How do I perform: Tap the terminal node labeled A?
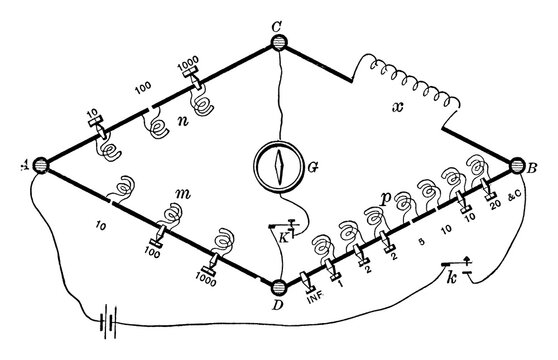(x=41, y=166)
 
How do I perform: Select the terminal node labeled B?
(x=518, y=166)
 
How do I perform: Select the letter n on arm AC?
(x=183, y=124)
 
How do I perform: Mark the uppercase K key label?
(x=284, y=239)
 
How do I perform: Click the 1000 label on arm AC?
(x=187, y=61)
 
